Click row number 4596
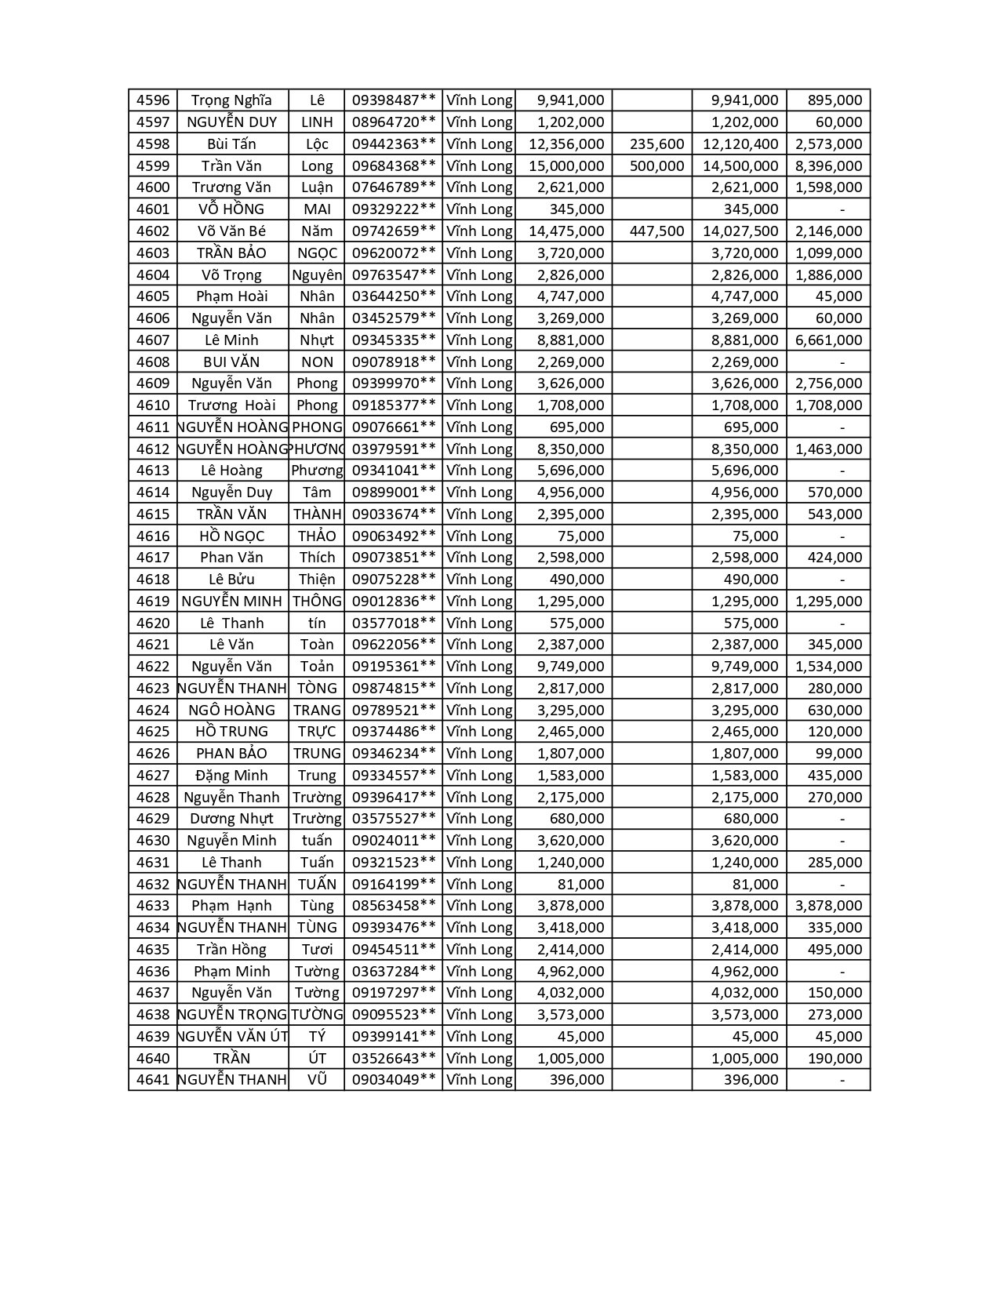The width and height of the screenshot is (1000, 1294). (152, 100)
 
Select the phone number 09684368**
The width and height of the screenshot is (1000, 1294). (393, 165)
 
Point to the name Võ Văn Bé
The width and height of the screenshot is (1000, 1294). (232, 231)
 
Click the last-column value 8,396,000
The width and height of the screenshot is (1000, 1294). (828, 165)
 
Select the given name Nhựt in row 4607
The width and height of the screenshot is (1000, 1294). (316, 340)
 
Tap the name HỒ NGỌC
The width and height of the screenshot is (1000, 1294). (232, 536)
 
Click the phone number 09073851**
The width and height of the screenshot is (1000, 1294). (393, 558)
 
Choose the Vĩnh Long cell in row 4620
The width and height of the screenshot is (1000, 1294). (478, 623)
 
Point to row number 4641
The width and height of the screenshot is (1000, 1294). (152, 1080)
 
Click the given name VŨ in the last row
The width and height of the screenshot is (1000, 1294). (316, 1080)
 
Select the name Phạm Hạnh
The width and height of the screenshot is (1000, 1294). (232, 906)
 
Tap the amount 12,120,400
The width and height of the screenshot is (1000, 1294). (740, 144)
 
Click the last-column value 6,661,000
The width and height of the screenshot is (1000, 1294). (828, 340)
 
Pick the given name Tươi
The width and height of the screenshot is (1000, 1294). (316, 950)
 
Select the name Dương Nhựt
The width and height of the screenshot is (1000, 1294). (232, 819)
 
